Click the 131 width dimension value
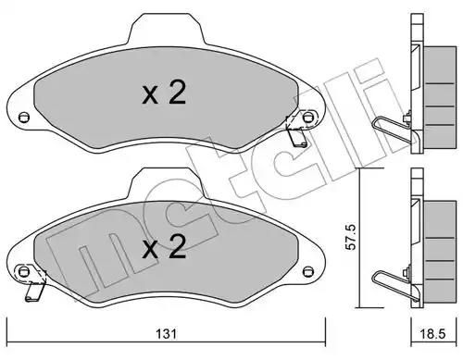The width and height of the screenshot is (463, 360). (x=166, y=334)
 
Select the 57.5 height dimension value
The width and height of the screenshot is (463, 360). (x=351, y=237)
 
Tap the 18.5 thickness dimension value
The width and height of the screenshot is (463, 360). (x=433, y=334)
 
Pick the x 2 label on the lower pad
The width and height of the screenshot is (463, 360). (x=164, y=246)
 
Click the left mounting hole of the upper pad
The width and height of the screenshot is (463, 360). (x=24, y=117)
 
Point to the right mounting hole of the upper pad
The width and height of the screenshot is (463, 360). (x=307, y=118)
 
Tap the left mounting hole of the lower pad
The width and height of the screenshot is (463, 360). (x=24, y=271)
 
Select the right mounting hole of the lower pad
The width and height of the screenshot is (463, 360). (x=307, y=271)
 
